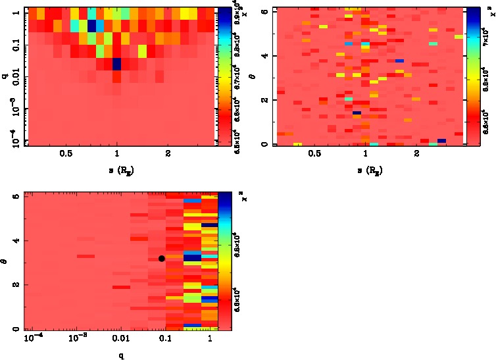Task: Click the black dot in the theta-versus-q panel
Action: [161, 259]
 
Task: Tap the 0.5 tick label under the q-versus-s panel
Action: [66, 153]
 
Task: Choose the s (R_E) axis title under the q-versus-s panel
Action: [117, 170]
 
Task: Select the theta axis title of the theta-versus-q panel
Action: [6, 261]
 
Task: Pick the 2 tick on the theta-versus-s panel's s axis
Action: [417, 153]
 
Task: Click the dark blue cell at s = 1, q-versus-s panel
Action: [117, 64]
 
